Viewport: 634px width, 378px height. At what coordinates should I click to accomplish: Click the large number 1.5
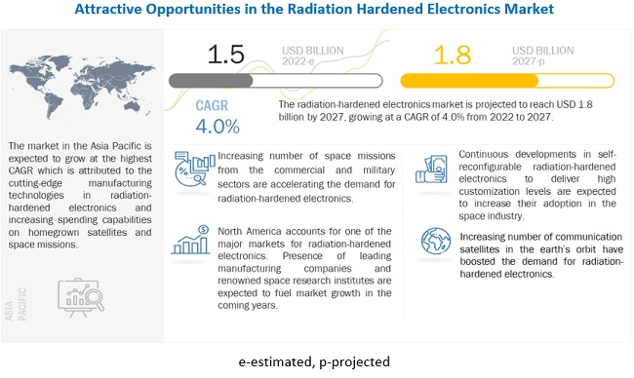(x=226, y=55)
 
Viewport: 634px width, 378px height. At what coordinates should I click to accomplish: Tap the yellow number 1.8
(x=453, y=55)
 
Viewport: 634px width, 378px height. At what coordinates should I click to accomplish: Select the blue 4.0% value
(x=218, y=127)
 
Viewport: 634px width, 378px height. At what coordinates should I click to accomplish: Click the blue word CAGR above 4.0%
(x=212, y=105)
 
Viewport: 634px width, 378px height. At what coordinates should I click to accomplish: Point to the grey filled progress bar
(x=211, y=81)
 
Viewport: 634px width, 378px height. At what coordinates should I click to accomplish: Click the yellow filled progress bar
(x=469, y=81)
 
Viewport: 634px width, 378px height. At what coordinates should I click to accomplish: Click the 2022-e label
(x=298, y=61)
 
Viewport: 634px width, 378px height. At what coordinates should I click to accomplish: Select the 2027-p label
(x=528, y=61)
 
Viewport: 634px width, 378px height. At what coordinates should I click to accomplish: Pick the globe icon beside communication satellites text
(x=436, y=241)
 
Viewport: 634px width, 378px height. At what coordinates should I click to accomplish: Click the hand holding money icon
(x=431, y=170)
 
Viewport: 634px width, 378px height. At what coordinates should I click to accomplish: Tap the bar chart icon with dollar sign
(x=190, y=240)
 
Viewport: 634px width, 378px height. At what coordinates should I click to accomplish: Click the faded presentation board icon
(x=81, y=297)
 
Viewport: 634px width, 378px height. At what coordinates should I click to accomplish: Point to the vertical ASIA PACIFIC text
(x=17, y=304)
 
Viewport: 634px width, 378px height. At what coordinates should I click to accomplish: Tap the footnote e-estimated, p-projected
(x=314, y=361)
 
